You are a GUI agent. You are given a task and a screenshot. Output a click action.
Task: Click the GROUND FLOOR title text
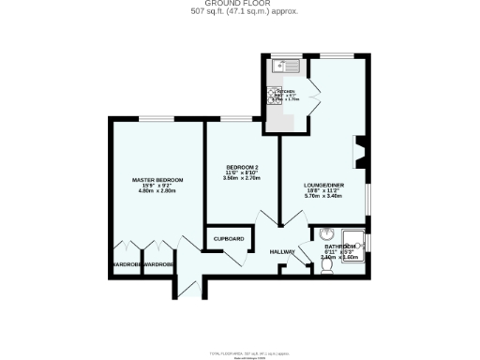239,5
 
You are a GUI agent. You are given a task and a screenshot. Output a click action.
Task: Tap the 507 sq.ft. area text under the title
239,13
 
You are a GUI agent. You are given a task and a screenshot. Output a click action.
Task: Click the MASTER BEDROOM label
157,180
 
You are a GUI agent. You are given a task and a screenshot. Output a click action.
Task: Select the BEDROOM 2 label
241,167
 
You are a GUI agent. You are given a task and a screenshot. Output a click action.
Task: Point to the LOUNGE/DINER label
322,185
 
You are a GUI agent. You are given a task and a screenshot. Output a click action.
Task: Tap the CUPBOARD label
229,239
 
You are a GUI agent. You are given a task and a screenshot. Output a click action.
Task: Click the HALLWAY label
282,252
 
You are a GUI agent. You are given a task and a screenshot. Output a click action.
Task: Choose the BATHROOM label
340,245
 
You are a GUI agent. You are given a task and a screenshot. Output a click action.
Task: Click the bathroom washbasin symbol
327,235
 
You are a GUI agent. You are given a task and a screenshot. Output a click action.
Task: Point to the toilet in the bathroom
325,265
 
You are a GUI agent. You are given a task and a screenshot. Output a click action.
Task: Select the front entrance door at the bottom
184,290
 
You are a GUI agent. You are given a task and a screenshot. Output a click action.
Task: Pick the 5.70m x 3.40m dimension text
322,197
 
